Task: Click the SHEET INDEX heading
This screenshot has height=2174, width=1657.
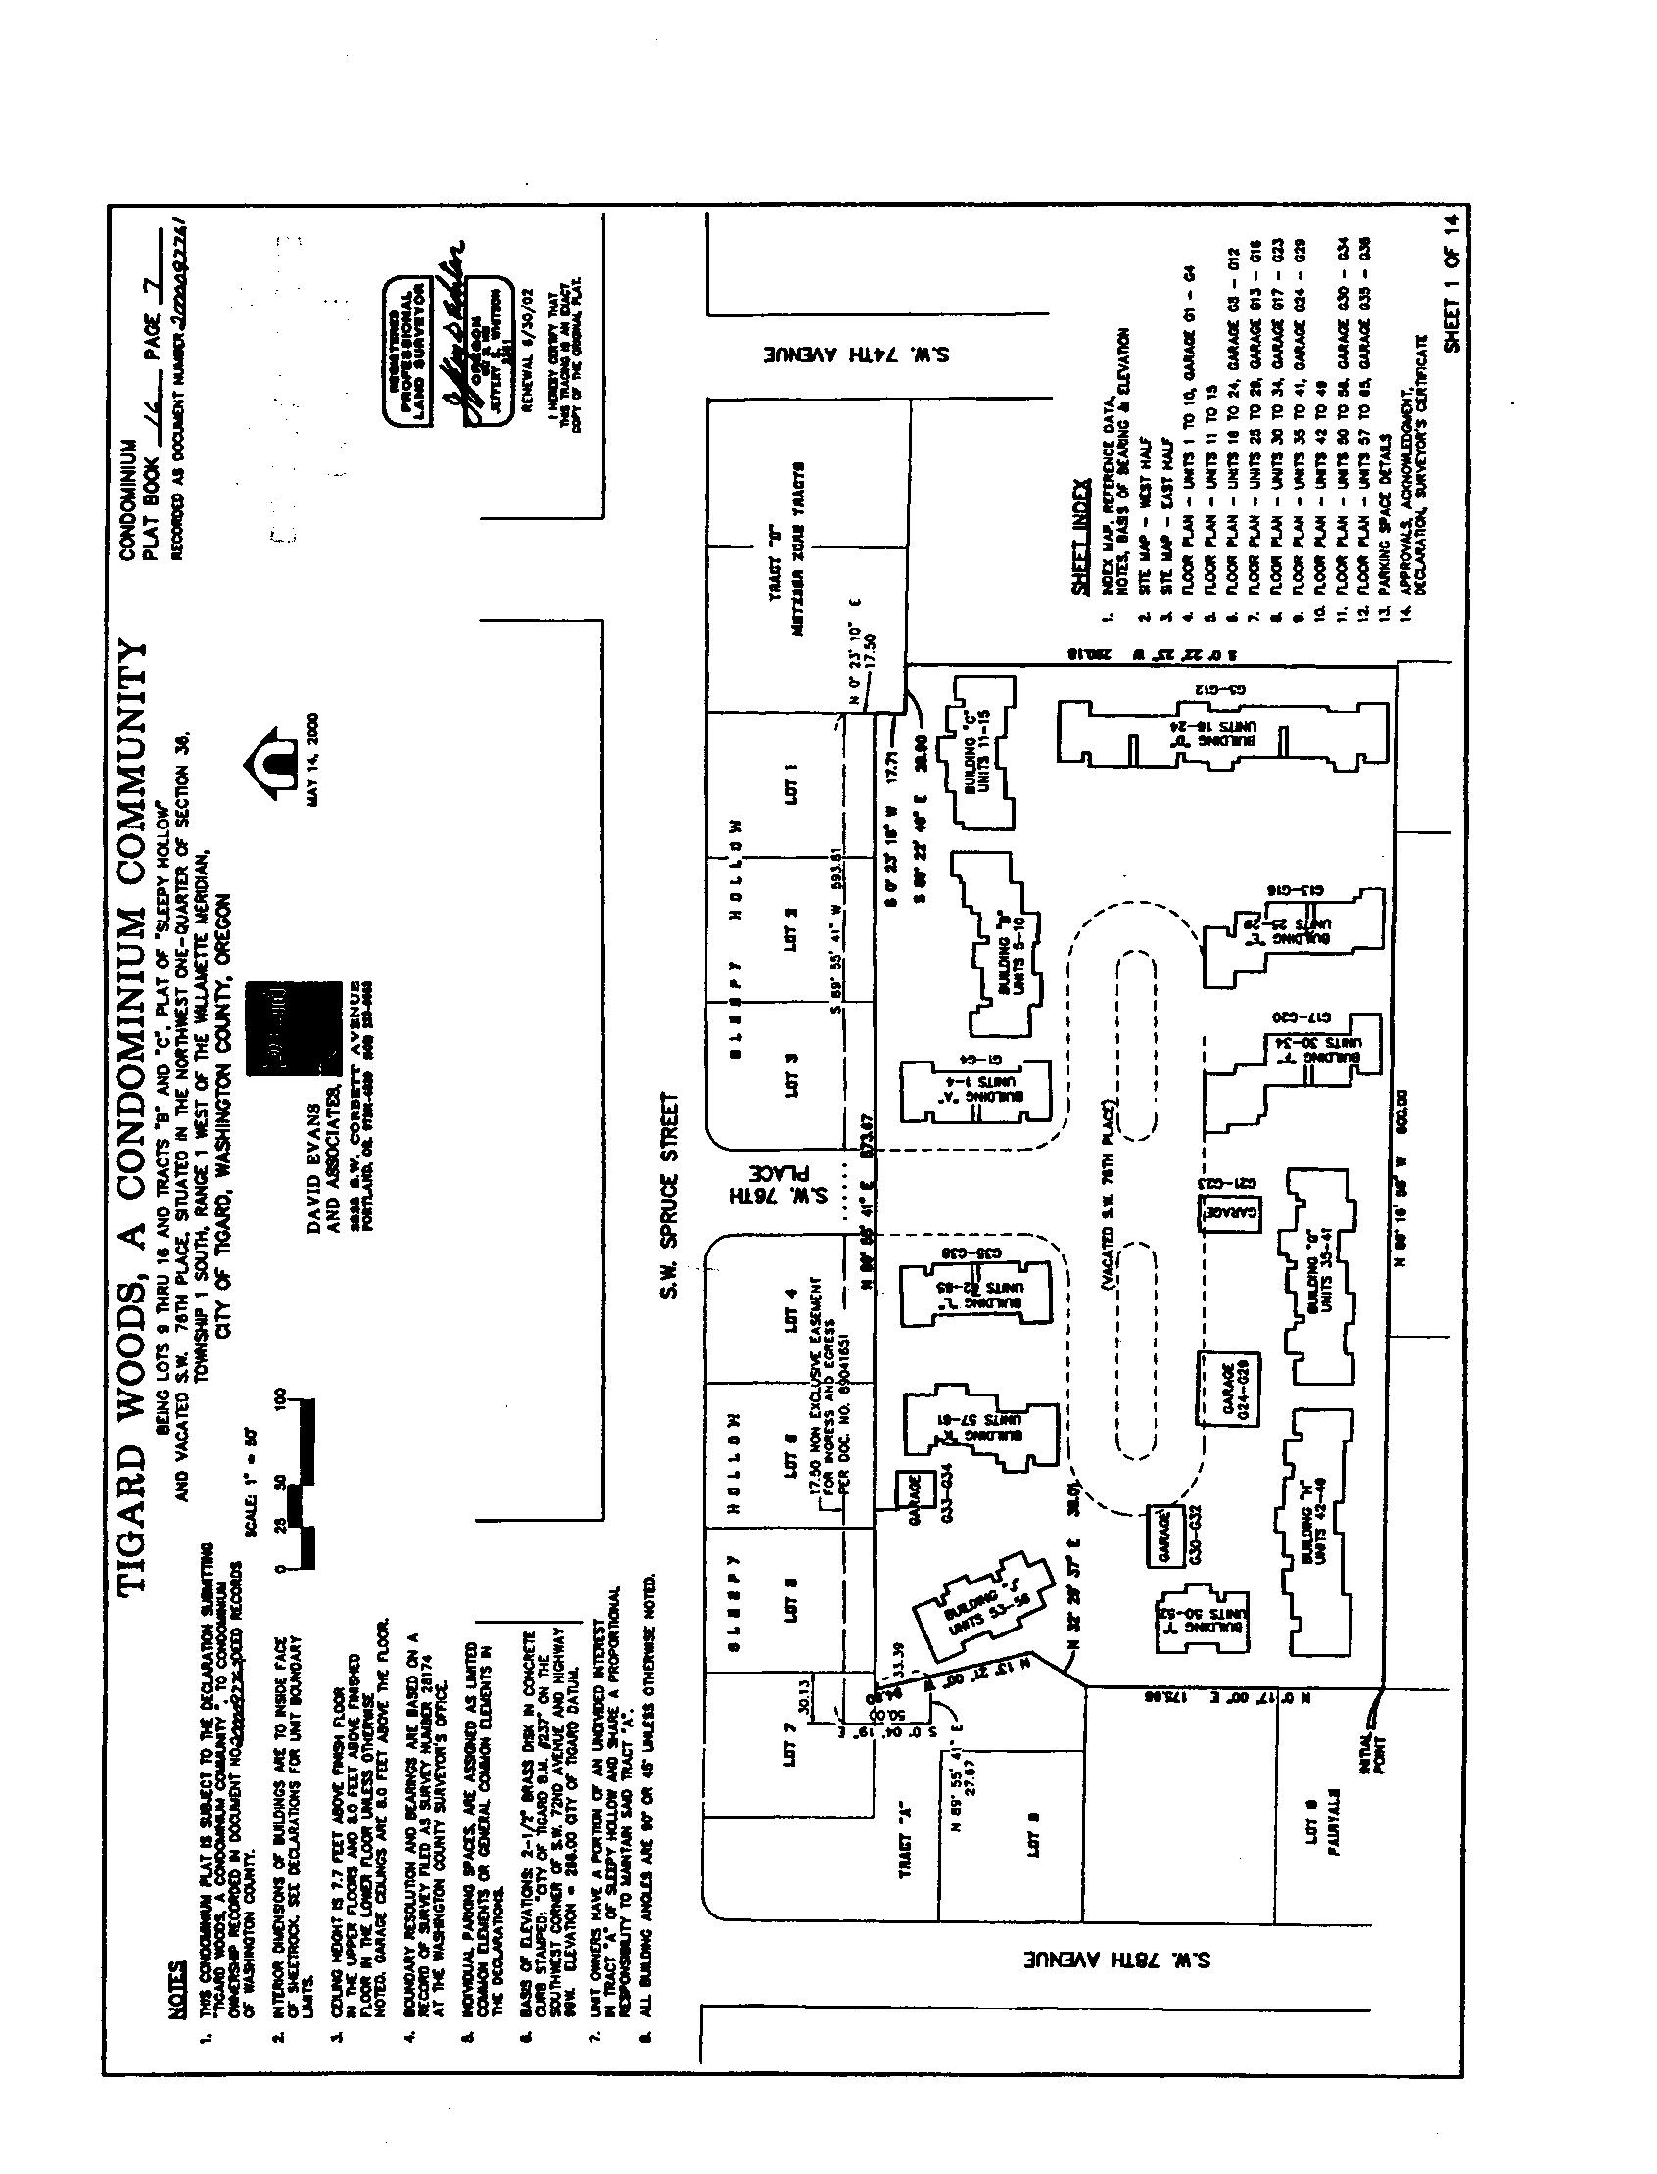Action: point(1079,537)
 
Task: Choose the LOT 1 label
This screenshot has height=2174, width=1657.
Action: point(790,785)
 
